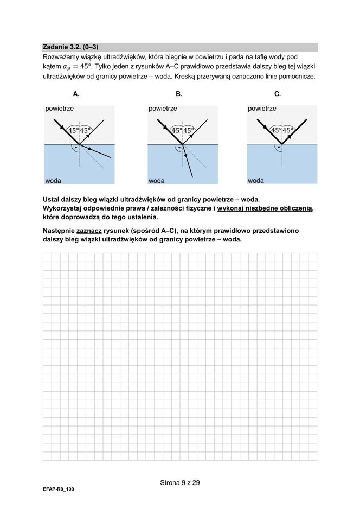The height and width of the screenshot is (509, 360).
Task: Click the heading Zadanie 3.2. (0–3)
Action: [70, 47]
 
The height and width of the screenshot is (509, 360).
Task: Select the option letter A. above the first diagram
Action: [76, 94]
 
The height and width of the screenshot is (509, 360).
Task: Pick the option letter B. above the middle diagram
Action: [179, 94]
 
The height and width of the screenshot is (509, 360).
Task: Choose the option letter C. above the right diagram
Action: [278, 94]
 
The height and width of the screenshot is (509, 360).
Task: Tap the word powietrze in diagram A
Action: [60, 109]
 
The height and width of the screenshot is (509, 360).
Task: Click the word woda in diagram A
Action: [53, 180]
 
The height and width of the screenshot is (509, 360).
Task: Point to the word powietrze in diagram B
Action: [163, 109]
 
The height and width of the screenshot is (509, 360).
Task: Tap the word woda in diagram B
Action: [156, 180]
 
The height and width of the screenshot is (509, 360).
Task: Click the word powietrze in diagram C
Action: [262, 109]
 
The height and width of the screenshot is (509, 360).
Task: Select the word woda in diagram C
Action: [256, 180]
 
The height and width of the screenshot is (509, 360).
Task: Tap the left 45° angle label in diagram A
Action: [73, 130]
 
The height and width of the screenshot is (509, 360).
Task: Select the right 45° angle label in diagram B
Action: [189, 130]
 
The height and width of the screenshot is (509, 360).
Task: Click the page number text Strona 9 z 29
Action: [180, 482]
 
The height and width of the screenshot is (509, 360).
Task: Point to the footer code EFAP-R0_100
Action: [59, 489]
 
